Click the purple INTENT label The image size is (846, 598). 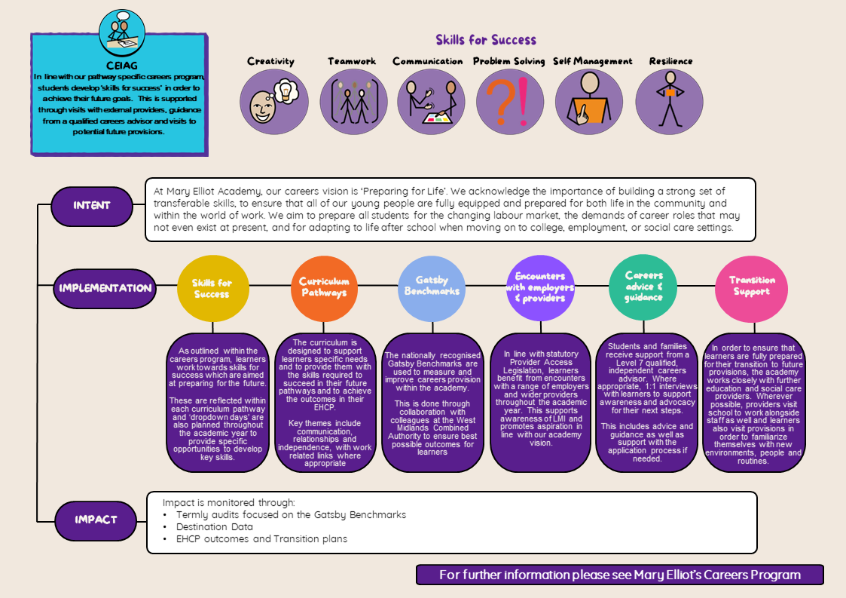(x=92, y=205)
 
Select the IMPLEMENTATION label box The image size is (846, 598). (x=105, y=287)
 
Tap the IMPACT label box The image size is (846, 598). (x=96, y=520)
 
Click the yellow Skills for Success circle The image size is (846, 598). (x=212, y=288)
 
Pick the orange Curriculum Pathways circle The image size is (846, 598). (x=324, y=287)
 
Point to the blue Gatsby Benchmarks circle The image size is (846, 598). (x=432, y=287)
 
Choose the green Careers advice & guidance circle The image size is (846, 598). (x=643, y=287)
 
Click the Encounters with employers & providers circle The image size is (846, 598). (x=540, y=287)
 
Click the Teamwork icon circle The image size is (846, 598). (x=353, y=103)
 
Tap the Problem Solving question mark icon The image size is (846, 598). (x=508, y=103)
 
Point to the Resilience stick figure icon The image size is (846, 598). (x=670, y=103)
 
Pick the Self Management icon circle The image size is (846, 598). (x=590, y=103)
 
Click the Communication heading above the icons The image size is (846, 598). (x=428, y=62)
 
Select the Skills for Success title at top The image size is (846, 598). (x=486, y=40)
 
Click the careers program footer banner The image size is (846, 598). (x=619, y=575)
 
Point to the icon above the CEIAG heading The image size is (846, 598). (x=121, y=31)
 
